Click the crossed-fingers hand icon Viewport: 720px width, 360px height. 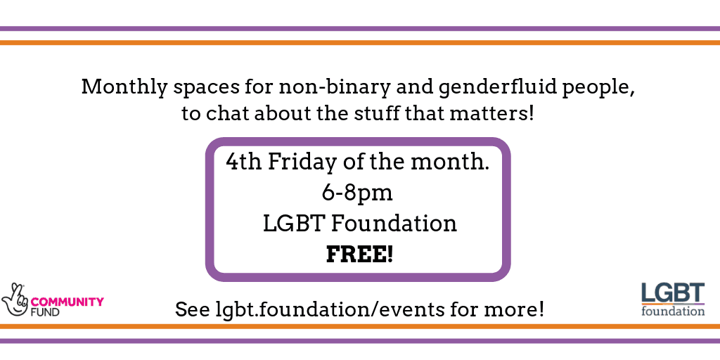pyautogui.click(x=15, y=300)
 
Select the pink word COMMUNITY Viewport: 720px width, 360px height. pyautogui.click(x=67, y=302)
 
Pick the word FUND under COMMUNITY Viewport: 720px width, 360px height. pyautogui.click(x=45, y=312)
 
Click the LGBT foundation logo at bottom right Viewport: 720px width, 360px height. pyautogui.click(x=673, y=300)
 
